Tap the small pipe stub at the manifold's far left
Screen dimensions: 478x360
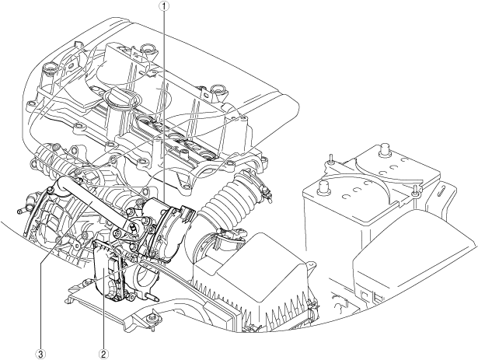click(x=19, y=211)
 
